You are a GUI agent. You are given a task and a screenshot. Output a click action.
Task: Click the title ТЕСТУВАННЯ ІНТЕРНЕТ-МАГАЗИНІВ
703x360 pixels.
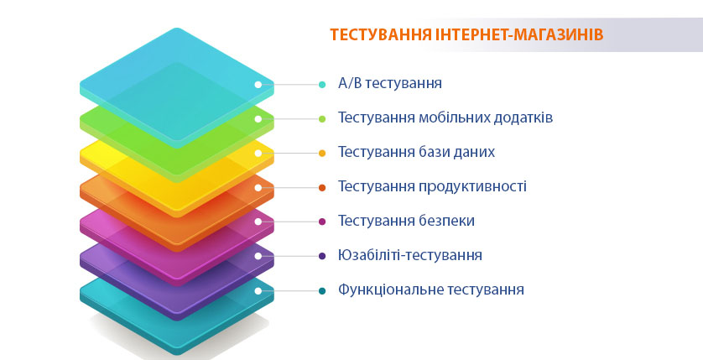tap(466, 34)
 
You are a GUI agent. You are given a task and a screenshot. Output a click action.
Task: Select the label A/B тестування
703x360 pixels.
tap(389, 83)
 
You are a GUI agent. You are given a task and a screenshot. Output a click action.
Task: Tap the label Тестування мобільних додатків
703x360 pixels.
tap(445, 117)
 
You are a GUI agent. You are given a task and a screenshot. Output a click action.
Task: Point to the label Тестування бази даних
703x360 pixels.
tap(416, 152)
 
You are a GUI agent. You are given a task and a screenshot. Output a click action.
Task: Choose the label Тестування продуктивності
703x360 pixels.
tap(432, 186)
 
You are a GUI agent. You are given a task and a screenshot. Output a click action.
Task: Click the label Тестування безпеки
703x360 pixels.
tap(406, 221)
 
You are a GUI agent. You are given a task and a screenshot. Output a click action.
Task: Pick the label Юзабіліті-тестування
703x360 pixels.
tap(410, 255)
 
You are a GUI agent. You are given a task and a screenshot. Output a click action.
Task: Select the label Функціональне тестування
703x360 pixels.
tap(431, 290)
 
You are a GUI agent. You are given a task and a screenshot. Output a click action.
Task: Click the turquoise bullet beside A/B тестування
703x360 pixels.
tap(322, 84)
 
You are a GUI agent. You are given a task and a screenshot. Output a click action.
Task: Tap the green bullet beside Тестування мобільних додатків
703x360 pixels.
tap(322, 119)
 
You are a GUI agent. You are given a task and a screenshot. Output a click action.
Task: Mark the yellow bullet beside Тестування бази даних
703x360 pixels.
tap(322, 154)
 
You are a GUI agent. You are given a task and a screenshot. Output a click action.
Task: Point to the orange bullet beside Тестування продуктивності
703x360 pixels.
tap(322, 187)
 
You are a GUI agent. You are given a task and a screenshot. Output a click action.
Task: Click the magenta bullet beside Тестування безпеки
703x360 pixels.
tap(322, 222)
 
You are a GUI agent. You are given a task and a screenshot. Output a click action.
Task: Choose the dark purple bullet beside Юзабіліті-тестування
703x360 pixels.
tap(322, 256)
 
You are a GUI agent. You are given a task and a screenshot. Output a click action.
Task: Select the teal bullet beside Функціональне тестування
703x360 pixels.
tap(322, 291)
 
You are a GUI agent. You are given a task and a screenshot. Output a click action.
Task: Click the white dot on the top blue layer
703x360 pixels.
tap(258, 84)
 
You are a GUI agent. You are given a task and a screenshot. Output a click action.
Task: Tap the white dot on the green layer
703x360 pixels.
tap(258, 119)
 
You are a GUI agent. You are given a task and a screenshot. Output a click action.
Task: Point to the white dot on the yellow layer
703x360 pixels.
tap(258, 154)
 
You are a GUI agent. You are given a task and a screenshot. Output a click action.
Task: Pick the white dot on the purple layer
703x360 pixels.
tap(258, 256)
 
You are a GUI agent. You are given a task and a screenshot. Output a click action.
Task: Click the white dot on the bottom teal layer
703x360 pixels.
tap(258, 291)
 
